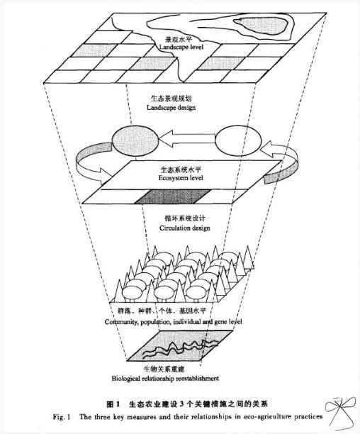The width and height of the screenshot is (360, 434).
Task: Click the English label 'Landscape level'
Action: [x=181, y=48]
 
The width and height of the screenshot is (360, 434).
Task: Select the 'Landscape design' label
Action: [x=171, y=107]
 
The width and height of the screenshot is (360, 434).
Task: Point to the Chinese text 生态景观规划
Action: [x=171, y=99]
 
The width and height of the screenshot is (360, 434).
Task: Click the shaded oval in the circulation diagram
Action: [x=135, y=140]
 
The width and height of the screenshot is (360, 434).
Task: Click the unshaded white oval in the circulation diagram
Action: [x=238, y=141]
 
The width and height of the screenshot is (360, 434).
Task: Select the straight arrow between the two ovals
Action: [x=187, y=138]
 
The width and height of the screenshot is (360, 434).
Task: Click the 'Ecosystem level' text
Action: [x=181, y=178]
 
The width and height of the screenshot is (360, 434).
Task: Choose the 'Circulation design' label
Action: [x=185, y=228]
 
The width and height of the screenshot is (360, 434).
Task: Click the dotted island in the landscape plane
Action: [x=261, y=23]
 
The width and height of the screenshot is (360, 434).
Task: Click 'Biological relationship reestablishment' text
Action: [x=165, y=378]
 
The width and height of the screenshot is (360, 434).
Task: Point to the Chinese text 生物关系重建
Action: [x=164, y=369]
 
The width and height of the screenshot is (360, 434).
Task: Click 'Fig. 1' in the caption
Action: [x=62, y=416]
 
